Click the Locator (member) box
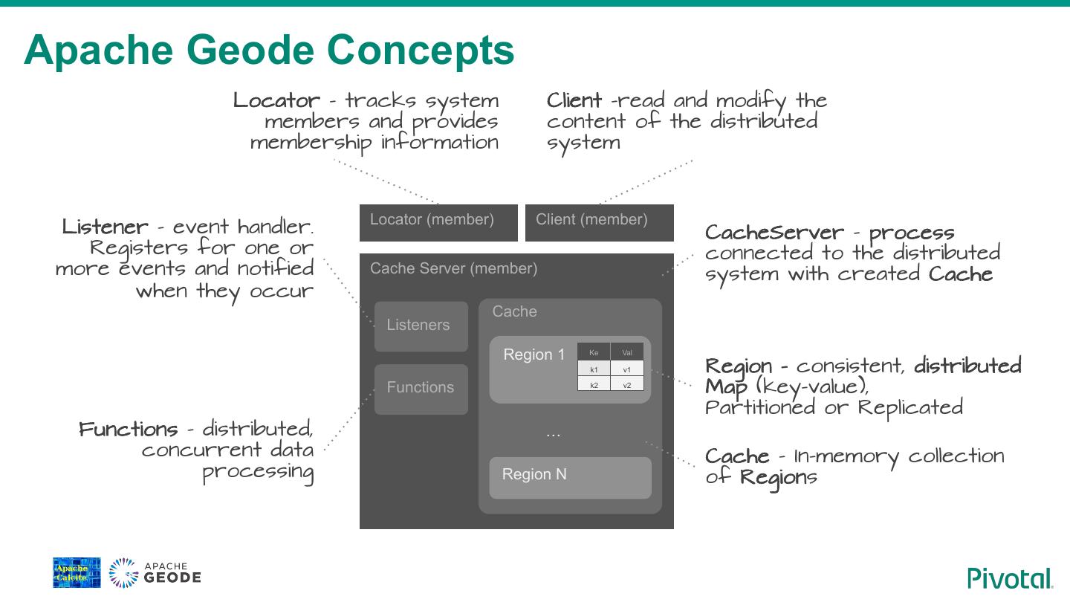438,222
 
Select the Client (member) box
599,222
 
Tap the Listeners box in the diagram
421,326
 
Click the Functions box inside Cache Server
421,388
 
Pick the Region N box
570,477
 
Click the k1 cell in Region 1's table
594,369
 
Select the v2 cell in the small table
627,385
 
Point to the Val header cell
627,352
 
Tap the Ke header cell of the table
594,352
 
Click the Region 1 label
534,355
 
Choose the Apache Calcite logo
77,572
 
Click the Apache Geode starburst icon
123,573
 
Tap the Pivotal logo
1010,577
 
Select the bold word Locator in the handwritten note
276,100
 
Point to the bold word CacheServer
774,233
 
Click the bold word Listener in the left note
105,227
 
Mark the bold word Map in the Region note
726,387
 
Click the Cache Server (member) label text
453,268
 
